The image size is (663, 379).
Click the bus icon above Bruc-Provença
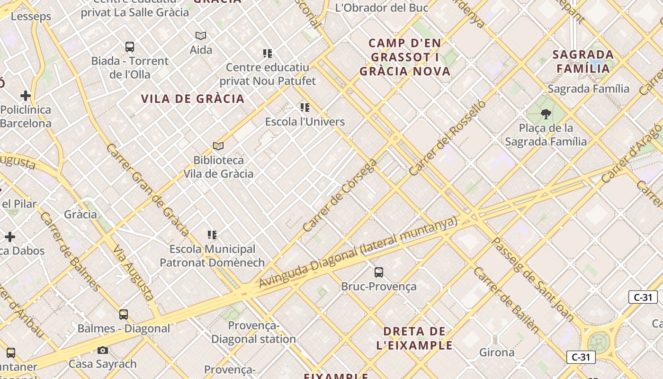tap(378, 272)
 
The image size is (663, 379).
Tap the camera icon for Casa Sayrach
tap(102, 351)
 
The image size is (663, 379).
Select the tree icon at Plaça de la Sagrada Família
tap(546, 114)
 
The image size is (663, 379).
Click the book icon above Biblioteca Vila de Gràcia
tap(218, 146)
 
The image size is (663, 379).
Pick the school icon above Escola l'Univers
tap(305, 108)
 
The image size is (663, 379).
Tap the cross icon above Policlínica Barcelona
tap(26, 96)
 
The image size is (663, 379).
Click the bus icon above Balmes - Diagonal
tap(124, 314)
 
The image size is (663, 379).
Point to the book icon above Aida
tap(201, 36)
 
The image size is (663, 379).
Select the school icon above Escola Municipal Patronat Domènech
tap(212, 235)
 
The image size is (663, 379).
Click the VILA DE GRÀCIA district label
tap(193, 99)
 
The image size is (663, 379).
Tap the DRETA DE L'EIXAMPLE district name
tap(414, 338)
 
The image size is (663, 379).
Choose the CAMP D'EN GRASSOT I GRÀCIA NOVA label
tap(405, 57)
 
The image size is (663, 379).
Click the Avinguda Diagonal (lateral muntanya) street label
tap(358, 252)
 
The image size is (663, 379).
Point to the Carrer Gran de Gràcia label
tap(147, 190)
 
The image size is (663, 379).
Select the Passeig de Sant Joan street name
tap(533, 279)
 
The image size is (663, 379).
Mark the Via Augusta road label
tap(134, 273)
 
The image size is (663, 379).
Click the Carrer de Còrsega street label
tap(340, 196)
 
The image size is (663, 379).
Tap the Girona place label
tap(497, 352)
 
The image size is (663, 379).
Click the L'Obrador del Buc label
tap(382, 8)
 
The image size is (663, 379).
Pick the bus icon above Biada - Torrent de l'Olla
tap(130, 47)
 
